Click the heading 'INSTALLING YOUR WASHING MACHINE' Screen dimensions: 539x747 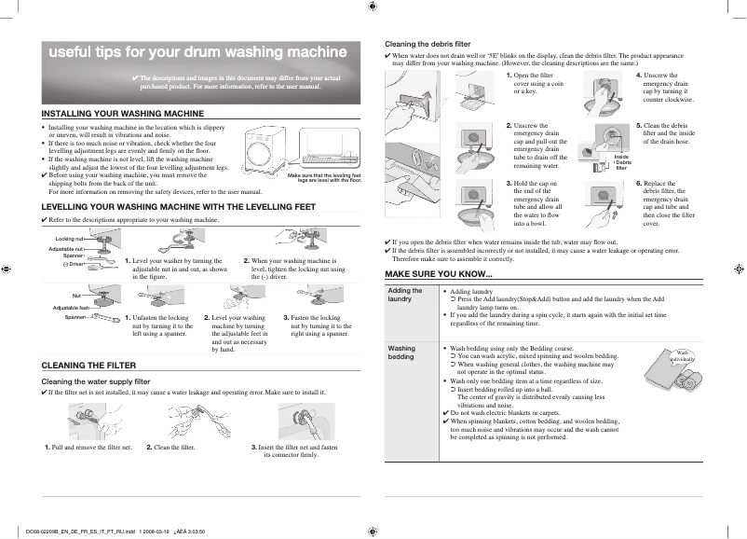point(123,113)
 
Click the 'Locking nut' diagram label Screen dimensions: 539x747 point(71,239)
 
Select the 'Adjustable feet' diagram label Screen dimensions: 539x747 point(71,308)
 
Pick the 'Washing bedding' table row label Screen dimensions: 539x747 point(401,352)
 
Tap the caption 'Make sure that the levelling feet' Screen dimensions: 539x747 point(324,175)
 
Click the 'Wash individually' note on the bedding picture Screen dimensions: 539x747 point(683,354)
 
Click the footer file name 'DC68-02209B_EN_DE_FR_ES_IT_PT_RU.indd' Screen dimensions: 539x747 point(82,531)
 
